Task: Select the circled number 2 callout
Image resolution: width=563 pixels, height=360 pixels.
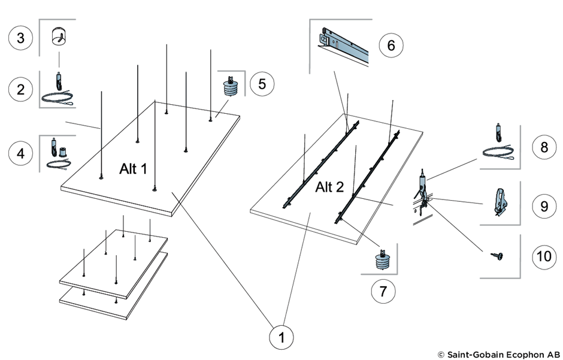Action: click(x=21, y=90)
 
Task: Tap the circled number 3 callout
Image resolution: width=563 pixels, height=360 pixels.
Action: click(x=21, y=39)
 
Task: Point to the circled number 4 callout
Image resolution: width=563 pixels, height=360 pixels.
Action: click(x=21, y=153)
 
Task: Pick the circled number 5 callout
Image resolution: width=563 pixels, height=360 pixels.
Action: click(x=262, y=84)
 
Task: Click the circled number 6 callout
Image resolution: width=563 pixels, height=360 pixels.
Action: click(x=391, y=46)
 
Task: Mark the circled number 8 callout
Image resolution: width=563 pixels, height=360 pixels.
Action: click(x=544, y=147)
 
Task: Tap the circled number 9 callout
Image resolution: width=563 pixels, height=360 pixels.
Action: click(x=544, y=205)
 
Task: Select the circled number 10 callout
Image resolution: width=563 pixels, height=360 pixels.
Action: click(x=544, y=256)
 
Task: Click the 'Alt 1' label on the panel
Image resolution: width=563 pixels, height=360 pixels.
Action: click(x=133, y=169)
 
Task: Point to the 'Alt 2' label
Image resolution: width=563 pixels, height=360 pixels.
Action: click(x=330, y=187)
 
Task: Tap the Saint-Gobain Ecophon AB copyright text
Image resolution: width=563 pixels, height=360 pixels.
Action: click(x=498, y=354)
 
